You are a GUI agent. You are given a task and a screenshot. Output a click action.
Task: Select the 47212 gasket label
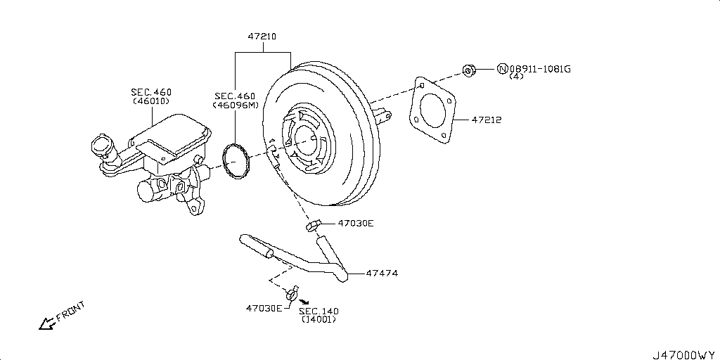[486, 120]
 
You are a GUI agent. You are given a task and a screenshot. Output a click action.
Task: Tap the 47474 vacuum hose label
[381, 273]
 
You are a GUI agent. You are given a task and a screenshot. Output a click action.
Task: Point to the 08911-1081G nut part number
[540, 68]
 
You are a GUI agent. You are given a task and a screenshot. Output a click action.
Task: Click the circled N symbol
[502, 68]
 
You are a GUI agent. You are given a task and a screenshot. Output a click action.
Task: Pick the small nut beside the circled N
[470, 69]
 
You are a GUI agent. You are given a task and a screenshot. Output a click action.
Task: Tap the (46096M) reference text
[236, 105]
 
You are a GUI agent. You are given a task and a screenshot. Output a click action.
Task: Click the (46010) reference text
[150, 101]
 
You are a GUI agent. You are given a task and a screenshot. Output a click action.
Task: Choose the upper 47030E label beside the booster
[356, 223]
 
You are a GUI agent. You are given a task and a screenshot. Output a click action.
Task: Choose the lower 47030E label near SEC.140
[264, 308]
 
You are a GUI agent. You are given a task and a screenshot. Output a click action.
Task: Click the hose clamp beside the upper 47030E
[314, 225]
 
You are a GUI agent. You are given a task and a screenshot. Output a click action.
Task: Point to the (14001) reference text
[318, 319]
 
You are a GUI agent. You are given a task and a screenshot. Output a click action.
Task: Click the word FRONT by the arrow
[70, 311]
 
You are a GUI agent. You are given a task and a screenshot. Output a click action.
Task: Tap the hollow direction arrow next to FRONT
[47, 323]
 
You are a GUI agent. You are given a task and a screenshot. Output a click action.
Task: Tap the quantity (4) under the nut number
[517, 77]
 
